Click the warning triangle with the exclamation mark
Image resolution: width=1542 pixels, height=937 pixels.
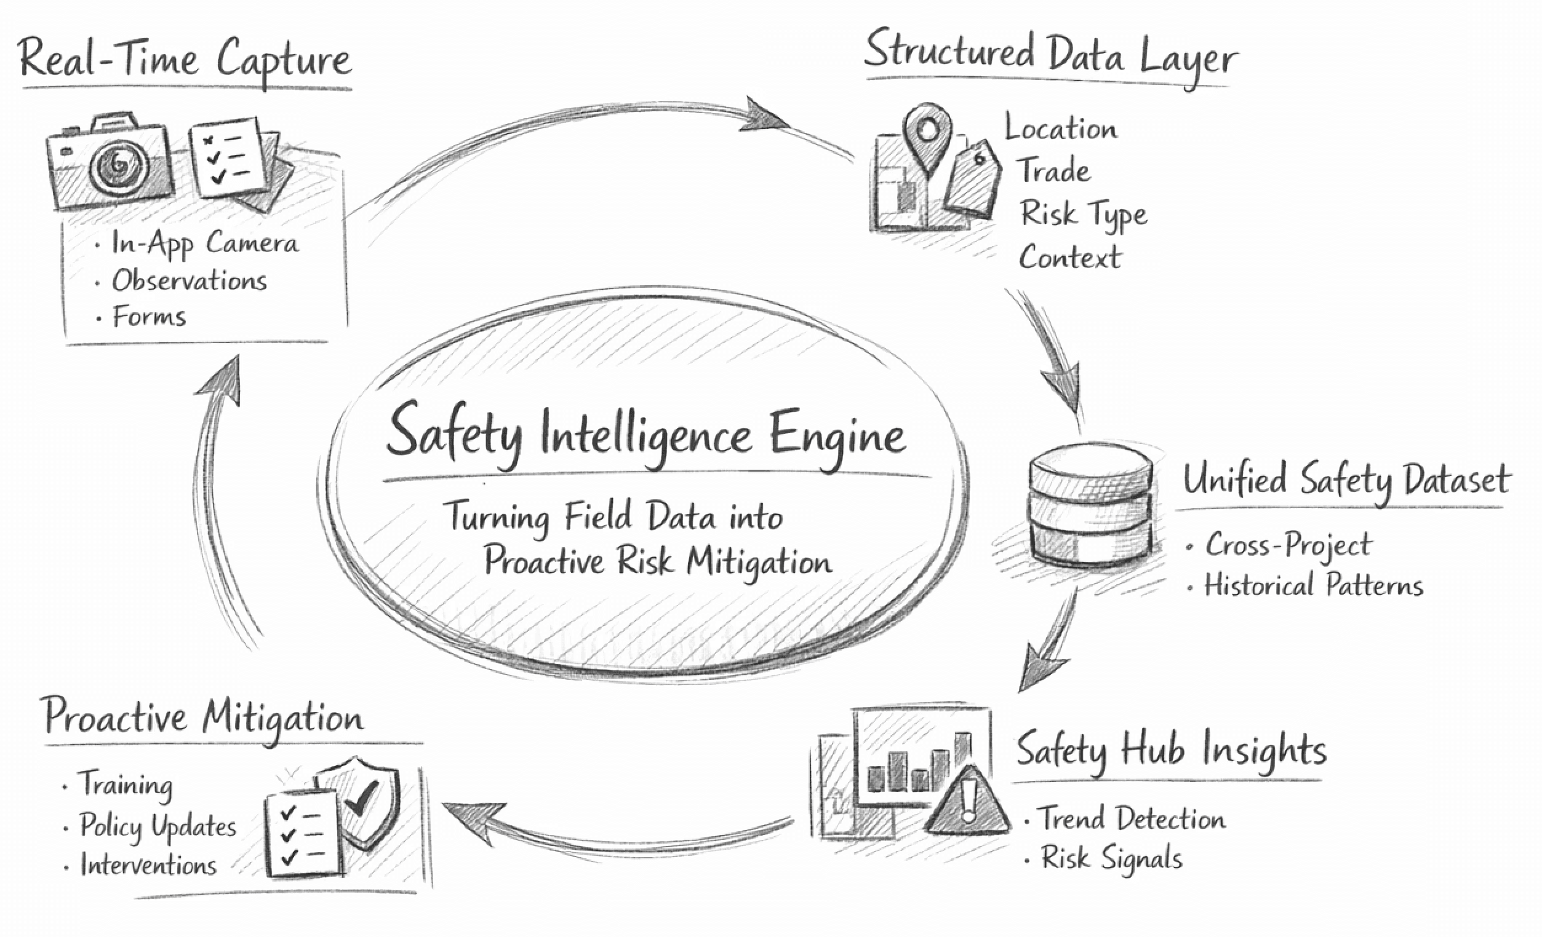pos(967,804)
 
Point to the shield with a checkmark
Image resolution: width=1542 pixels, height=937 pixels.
pos(361,800)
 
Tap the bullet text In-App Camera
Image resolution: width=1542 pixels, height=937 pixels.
pos(205,243)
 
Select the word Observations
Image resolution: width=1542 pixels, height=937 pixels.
pos(189,281)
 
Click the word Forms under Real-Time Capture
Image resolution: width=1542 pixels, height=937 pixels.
pos(149,317)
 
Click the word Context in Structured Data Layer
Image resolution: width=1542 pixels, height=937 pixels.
pos(1069,257)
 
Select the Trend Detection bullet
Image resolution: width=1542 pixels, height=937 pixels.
pos(1131,819)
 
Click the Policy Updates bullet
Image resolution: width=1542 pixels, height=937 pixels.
pos(157,827)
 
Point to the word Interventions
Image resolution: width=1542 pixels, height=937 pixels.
pos(148,866)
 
